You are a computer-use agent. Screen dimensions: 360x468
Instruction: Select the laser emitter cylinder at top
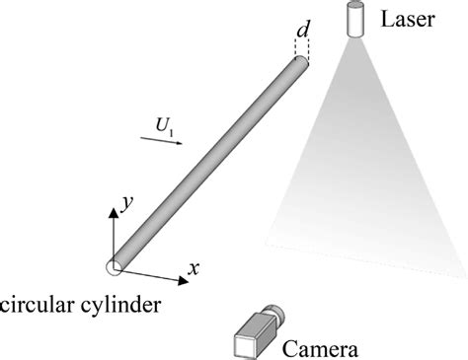(353, 20)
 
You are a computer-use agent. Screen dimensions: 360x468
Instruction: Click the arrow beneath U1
(159, 141)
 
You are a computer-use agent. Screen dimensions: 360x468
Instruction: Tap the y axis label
(126, 202)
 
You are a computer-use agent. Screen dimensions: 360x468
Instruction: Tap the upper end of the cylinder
(301, 63)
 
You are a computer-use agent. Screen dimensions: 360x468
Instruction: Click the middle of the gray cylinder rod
(207, 163)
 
